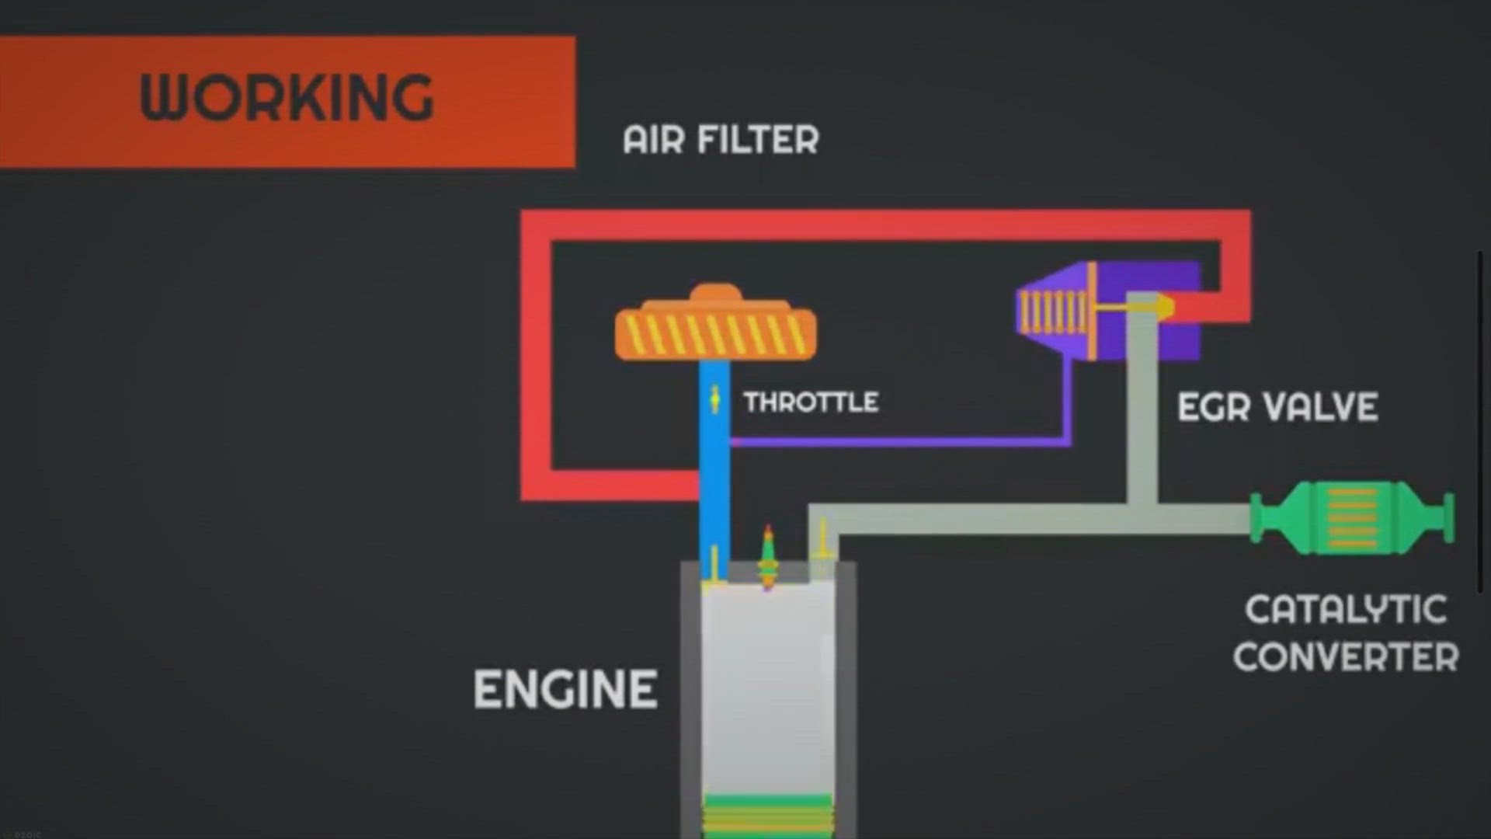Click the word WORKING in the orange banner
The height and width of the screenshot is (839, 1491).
(x=287, y=99)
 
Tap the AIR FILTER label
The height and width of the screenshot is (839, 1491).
(x=721, y=141)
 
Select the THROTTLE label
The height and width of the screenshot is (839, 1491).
(x=811, y=402)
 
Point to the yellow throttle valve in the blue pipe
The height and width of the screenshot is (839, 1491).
(x=714, y=399)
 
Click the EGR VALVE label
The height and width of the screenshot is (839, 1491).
(x=1277, y=407)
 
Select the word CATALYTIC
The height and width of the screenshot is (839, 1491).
(x=1346, y=610)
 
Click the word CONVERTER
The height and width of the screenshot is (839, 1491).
(x=1346, y=657)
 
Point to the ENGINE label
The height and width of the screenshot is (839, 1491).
(x=565, y=690)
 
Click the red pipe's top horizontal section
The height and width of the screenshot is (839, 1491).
(x=885, y=225)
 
